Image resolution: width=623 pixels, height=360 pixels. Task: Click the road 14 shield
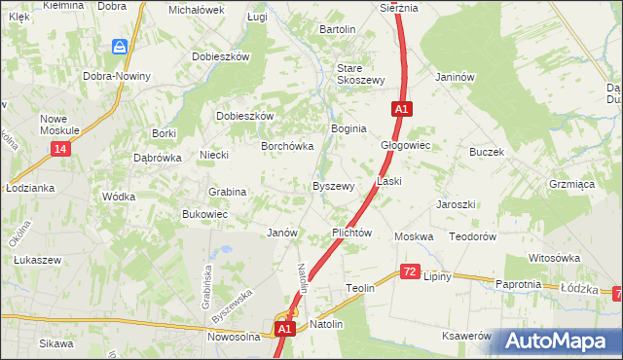[61, 148]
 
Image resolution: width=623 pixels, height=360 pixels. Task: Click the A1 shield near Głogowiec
[401, 110]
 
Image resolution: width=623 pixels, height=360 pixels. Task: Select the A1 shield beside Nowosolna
[283, 331]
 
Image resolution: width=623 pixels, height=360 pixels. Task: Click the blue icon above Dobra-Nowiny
[120, 47]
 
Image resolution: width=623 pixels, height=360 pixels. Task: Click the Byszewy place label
[332, 186]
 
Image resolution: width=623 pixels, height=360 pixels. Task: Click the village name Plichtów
[352, 234]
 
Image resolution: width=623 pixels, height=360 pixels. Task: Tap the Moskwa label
[413, 236]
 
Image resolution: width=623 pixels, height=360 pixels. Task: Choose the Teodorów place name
[473, 236]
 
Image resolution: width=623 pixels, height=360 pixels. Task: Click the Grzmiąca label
[571, 183]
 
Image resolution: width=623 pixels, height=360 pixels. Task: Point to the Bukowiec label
[204, 214]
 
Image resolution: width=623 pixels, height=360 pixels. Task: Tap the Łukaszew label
[38, 260]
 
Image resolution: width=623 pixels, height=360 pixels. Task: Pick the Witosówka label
[554, 258]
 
